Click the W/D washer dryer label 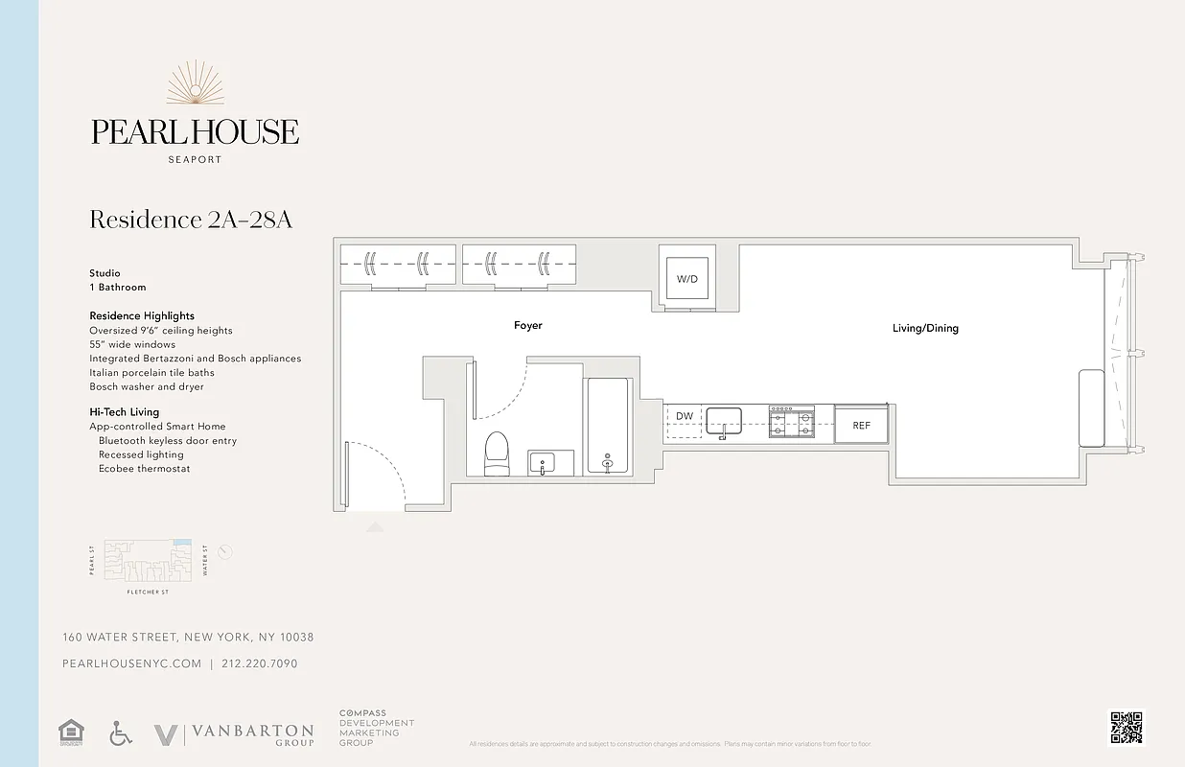[x=687, y=279]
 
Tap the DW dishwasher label [x=684, y=416]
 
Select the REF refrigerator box [x=862, y=425]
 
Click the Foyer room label [x=528, y=326]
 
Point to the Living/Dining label [x=925, y=329]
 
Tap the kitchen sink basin [x=724, y=420]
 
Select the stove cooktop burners [x=791, y=422]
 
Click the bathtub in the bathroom [x=606, y=426]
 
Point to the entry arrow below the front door [x=375, y=526]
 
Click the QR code [x=1127, y=727]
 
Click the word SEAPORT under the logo [x=195, y=159]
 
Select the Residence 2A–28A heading [x=191, y=220]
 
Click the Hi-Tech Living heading [x=125, y=412]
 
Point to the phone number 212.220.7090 [x=260, y=663]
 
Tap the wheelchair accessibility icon [x=121, y=733]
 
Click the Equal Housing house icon [x=71, y=732]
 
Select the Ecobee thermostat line [x=144, y=469]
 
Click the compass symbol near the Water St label [x=225, y=552]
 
